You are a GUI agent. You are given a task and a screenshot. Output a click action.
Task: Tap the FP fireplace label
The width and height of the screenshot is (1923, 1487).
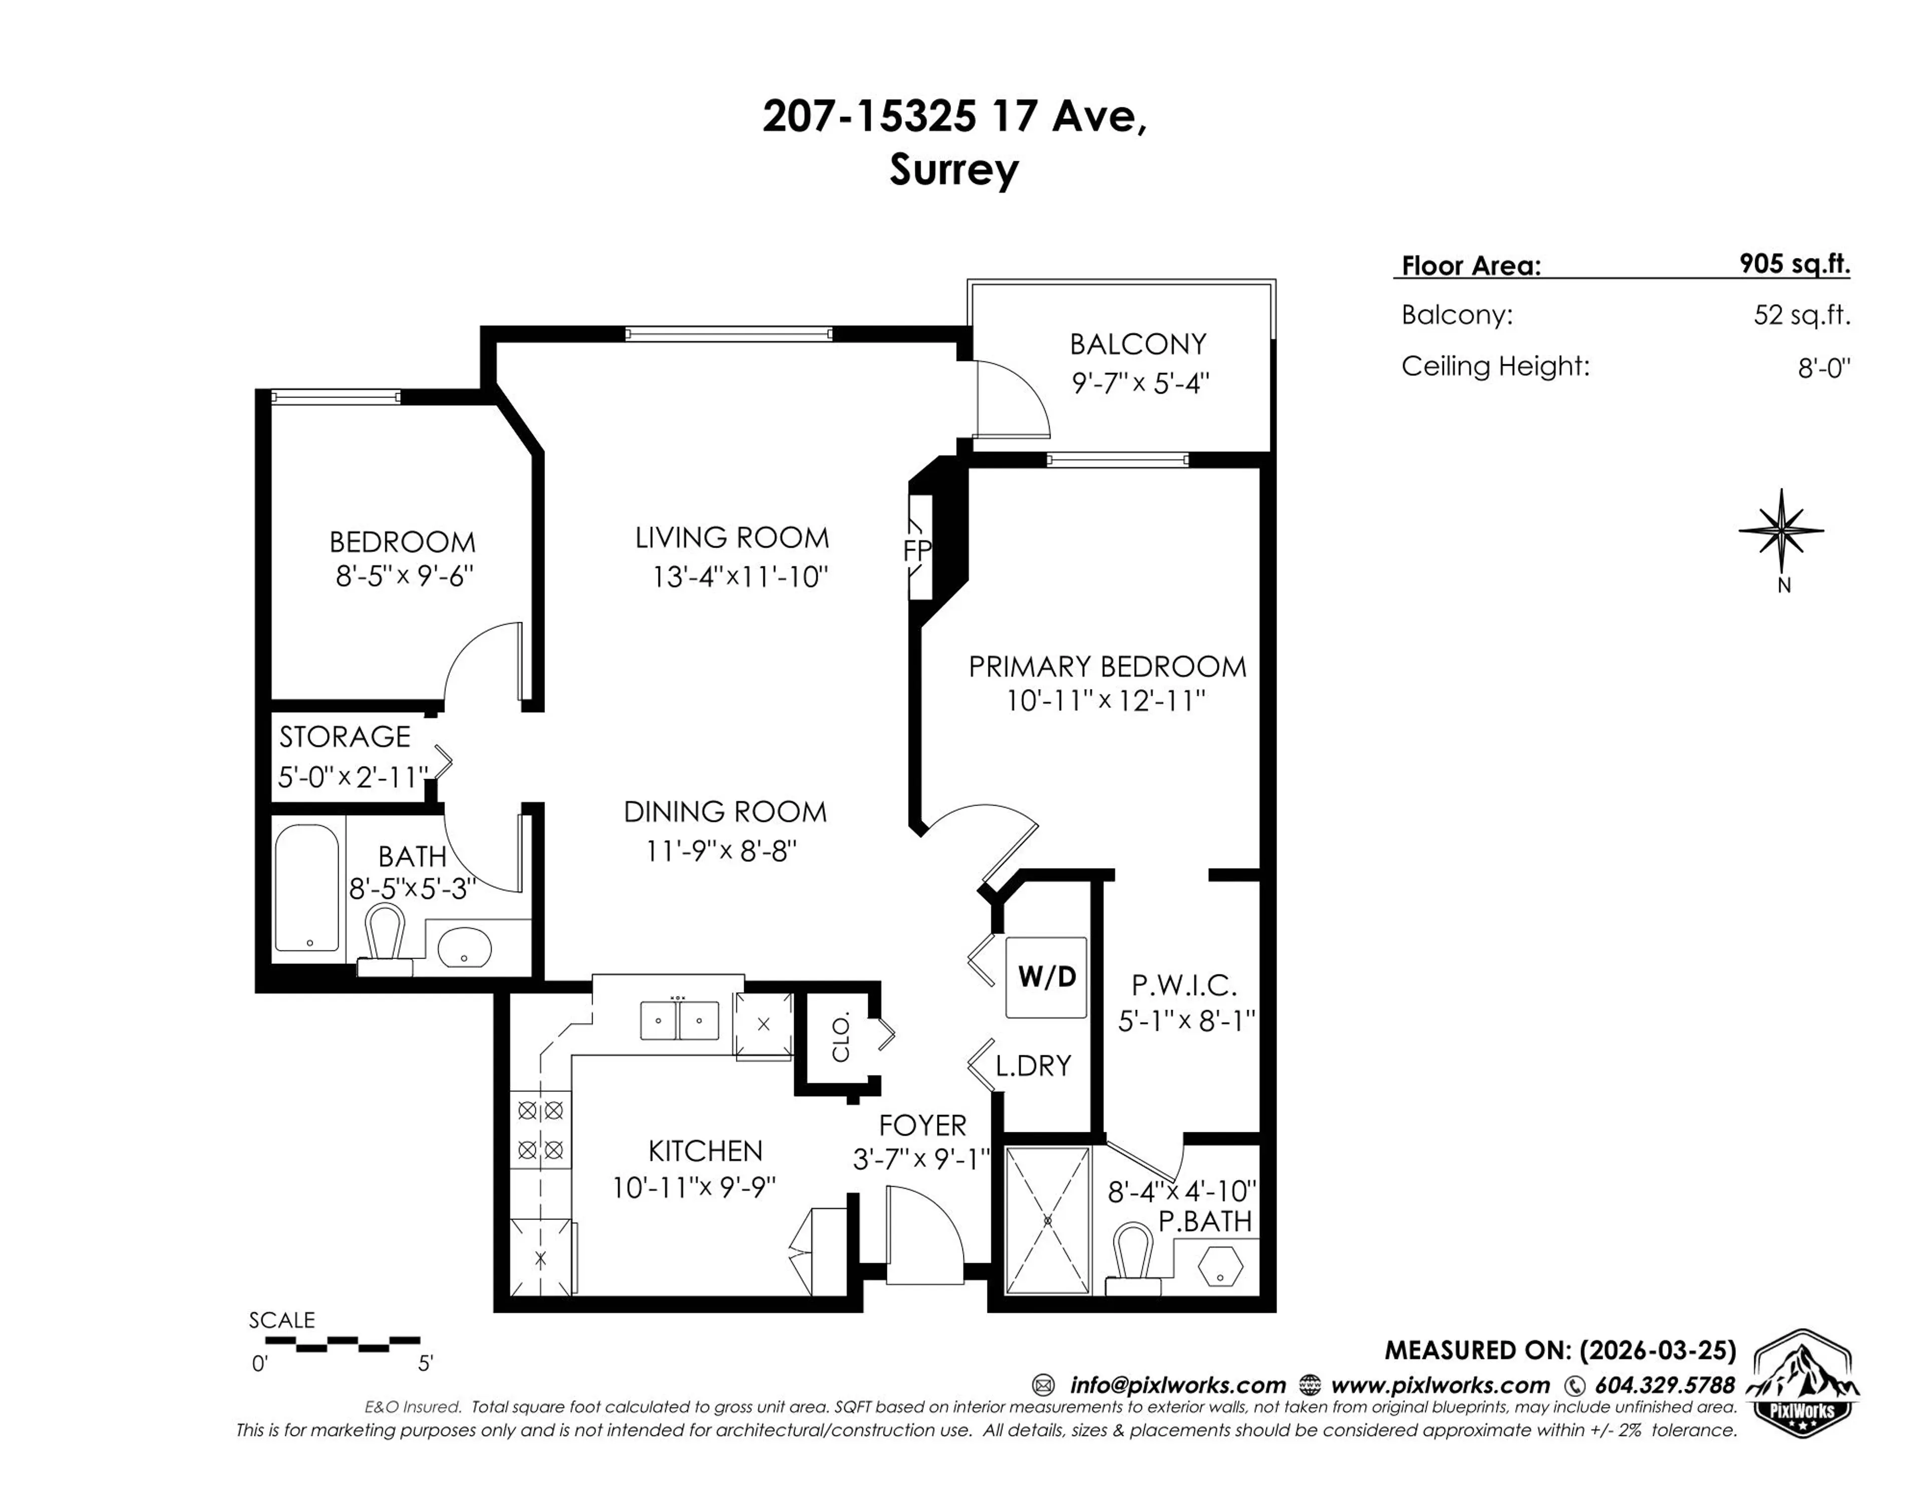(x=916, y=550)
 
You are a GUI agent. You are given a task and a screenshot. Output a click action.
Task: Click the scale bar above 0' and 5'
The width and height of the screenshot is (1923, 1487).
(x=343, y=1343)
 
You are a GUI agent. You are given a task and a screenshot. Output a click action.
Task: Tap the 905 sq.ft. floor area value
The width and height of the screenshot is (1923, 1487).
(x=1794, y=264)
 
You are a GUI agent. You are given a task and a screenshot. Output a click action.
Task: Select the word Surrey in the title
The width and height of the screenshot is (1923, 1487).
(x=953, y=169)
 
